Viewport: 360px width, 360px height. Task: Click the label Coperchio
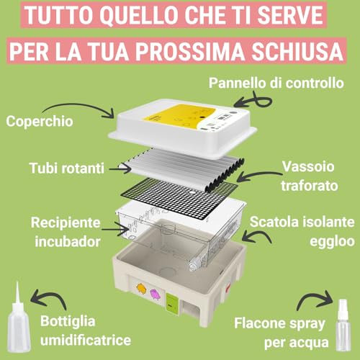(x=40, y=121)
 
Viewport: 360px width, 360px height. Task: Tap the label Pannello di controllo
(x=276, y=84)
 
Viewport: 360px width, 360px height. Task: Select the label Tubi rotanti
(x=67, y=168)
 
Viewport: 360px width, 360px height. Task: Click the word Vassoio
(x=308, y=166)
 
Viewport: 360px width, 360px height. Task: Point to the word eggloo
(x=332, y=241)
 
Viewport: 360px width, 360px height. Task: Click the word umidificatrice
(x=86, y=340)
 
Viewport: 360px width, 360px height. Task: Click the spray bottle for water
(x=343, y=325)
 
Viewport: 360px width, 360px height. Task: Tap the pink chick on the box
(x=156, y=294)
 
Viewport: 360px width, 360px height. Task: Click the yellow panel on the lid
(x=179, y=117)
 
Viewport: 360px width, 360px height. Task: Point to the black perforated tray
(x=179, y=198)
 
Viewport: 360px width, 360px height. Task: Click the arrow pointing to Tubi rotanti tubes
(x=120, y=169)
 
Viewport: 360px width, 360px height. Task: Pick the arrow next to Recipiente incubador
(x=116, y=229)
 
